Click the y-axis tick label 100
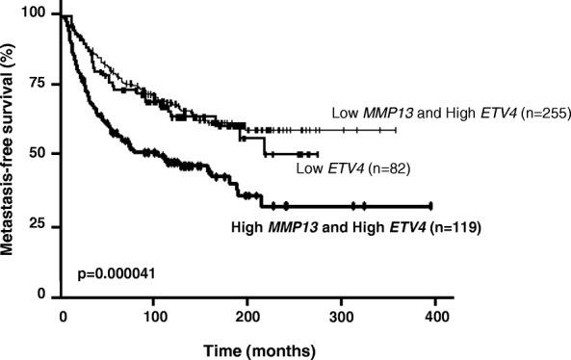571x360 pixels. [x=37, y=14]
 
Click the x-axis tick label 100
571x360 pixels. [x=154, y=317]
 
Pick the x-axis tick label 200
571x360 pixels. [x=248, y=317]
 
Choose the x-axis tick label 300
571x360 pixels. [x=342, y=317]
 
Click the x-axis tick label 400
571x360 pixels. [x=435, y=317]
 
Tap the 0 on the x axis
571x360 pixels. [x=62, y=317]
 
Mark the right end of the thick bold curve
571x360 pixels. [x=430, y=205]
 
